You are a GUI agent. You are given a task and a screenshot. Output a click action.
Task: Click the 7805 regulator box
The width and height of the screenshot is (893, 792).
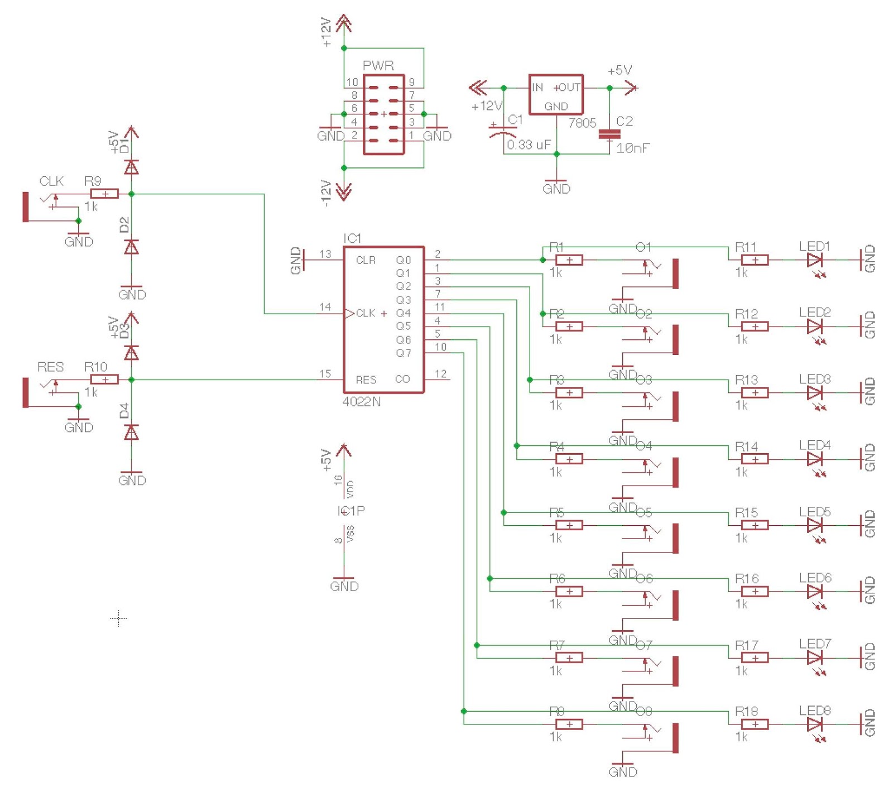(x=556, y=95)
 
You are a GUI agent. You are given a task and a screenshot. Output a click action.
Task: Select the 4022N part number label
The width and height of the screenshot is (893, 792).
(x=361, y=402)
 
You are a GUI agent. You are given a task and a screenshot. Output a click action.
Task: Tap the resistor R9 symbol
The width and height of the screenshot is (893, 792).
(x=104, y=194)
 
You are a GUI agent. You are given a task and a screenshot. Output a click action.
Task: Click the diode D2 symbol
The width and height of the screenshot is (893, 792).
(x=131, y=247)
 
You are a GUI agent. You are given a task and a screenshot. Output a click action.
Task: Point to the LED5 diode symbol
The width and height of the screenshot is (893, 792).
(x=814, y=525)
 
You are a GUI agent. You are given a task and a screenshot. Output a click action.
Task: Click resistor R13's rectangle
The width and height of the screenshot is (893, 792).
(x=755, y=393)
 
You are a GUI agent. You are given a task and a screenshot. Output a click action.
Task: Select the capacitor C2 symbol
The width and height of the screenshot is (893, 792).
(x=609, y=135)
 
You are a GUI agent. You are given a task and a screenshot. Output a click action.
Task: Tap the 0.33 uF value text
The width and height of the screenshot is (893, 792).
(x=529, y=145)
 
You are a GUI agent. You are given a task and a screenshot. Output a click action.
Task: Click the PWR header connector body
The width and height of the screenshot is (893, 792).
(x=383, y=114)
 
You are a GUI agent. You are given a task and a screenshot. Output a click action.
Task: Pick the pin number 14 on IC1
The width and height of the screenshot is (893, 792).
(x=325, y=307)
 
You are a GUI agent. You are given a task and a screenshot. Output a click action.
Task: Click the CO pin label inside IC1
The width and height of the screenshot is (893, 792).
(x=402, y=380)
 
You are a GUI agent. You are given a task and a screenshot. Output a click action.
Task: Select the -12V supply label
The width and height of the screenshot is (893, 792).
(x=327, y=194)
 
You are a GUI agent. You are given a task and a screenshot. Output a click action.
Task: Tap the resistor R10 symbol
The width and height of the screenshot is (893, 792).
(x=104, y=380)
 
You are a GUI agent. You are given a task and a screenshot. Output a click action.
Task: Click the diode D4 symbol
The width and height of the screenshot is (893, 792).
(x=131, y=433)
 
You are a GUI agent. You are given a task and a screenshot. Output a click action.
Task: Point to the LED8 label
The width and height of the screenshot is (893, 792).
(x=815, y=711)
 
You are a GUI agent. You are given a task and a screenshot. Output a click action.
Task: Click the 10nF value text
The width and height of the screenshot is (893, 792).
(x=633, y=148)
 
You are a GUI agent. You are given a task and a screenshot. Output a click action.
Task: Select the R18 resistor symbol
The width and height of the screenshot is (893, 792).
(x=755, y=724)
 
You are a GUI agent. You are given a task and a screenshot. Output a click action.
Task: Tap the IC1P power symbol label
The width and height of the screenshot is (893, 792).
(x=351, y=511)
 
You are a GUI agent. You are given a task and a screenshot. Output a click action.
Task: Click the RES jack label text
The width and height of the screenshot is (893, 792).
(x=50, y=367)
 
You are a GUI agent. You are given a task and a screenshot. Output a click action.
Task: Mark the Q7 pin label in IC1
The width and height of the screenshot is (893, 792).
(x=404, y=353)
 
